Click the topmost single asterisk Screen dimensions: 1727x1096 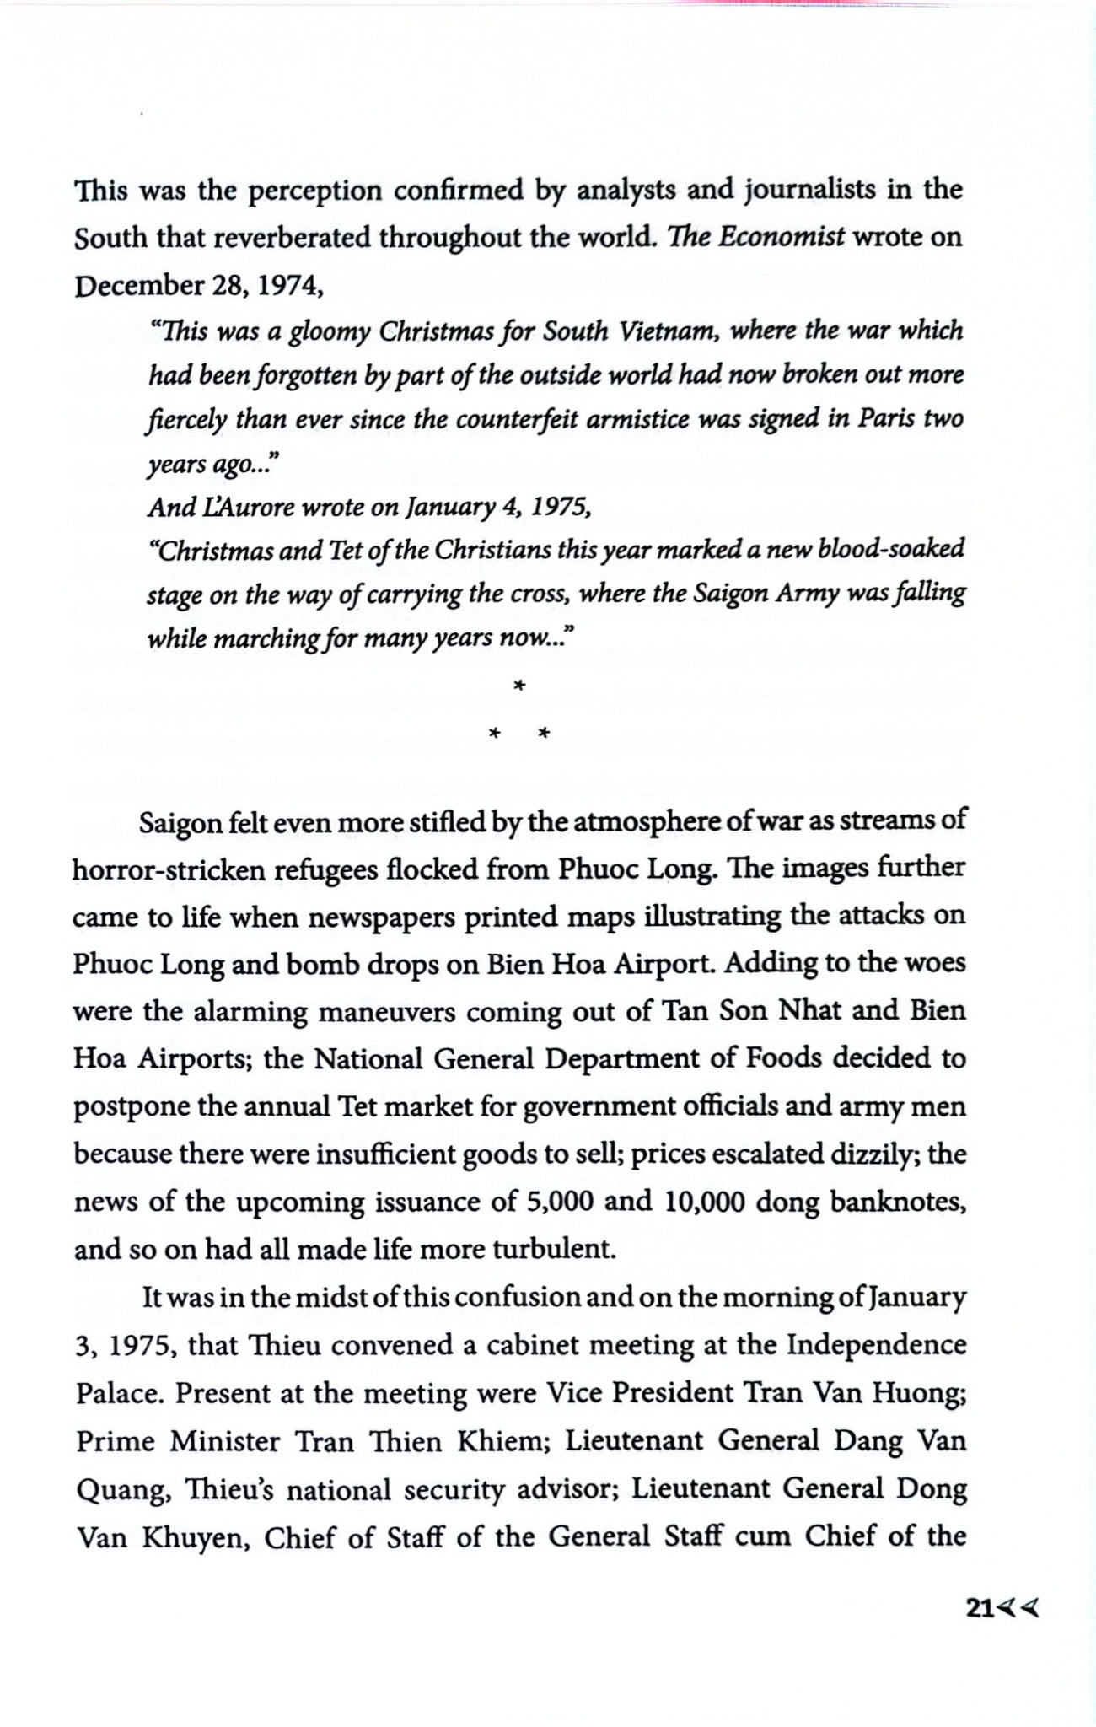click(519, 686)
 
